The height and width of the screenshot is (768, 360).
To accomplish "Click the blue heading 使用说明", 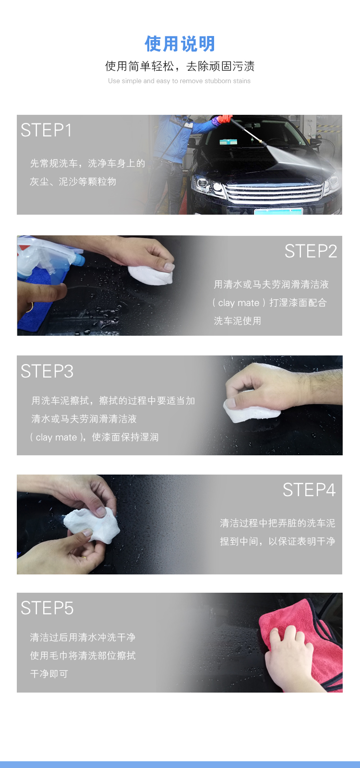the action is pos(180,44).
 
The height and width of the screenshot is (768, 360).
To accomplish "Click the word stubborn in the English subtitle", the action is pos(217,81).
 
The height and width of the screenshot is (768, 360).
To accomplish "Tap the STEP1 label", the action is pos(46,130).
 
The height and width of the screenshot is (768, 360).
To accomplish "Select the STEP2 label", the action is pos(311,251).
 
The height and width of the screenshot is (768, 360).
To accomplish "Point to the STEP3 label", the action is pos(47,371).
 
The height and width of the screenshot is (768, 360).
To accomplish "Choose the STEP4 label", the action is pos(309,490).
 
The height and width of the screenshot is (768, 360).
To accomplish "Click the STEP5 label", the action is pos(47,608).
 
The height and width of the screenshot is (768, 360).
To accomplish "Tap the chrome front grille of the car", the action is pos(275,193).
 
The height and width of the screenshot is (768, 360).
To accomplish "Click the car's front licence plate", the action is pos(278,211).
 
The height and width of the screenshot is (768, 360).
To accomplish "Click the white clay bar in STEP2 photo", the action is pos(150,275).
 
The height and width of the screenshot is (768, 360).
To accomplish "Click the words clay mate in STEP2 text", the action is pos(239,303).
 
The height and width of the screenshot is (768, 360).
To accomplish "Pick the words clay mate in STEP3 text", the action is pos(56,438).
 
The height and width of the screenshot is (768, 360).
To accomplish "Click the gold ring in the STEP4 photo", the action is pos(84,558).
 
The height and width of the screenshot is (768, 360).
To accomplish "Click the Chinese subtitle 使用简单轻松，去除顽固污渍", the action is pos(180,66).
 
